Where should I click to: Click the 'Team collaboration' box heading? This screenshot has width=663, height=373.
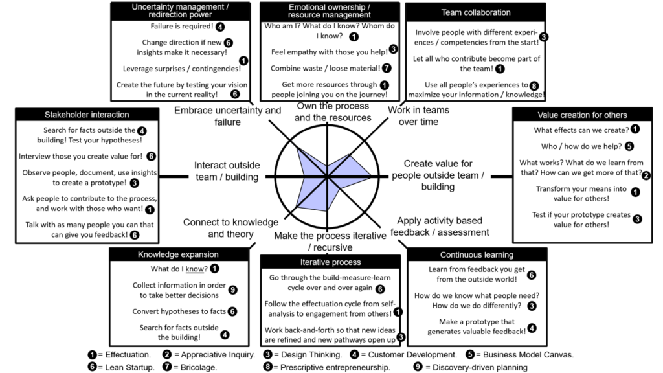pos(476,13)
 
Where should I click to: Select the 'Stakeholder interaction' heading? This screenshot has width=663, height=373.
pos(87,115)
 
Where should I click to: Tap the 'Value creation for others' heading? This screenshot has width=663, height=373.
pos(582,115)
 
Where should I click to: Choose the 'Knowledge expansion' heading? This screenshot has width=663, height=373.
pos(178,254)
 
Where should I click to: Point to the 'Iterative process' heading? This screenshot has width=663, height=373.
pos(331,262)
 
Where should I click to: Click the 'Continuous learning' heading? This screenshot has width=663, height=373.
pos(477,255)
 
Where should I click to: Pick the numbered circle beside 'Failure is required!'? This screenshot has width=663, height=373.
pos(220,27)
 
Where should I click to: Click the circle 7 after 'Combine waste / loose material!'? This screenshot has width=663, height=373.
pos(387,68)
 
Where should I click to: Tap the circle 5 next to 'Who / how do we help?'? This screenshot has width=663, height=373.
pos(629,146)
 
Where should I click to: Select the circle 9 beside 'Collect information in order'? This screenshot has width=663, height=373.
pos(232,289)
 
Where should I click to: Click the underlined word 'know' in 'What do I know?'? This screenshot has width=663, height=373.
pos(194,269)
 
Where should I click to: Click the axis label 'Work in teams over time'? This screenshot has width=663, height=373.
pos(419,116)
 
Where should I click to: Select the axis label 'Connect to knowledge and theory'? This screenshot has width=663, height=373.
pos(231,229)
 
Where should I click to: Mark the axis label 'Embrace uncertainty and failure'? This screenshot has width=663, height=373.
pos(227,117)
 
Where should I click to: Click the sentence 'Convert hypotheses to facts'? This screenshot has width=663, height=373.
pos(179,311)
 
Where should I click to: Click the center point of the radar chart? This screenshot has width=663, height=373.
pos(328,176)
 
